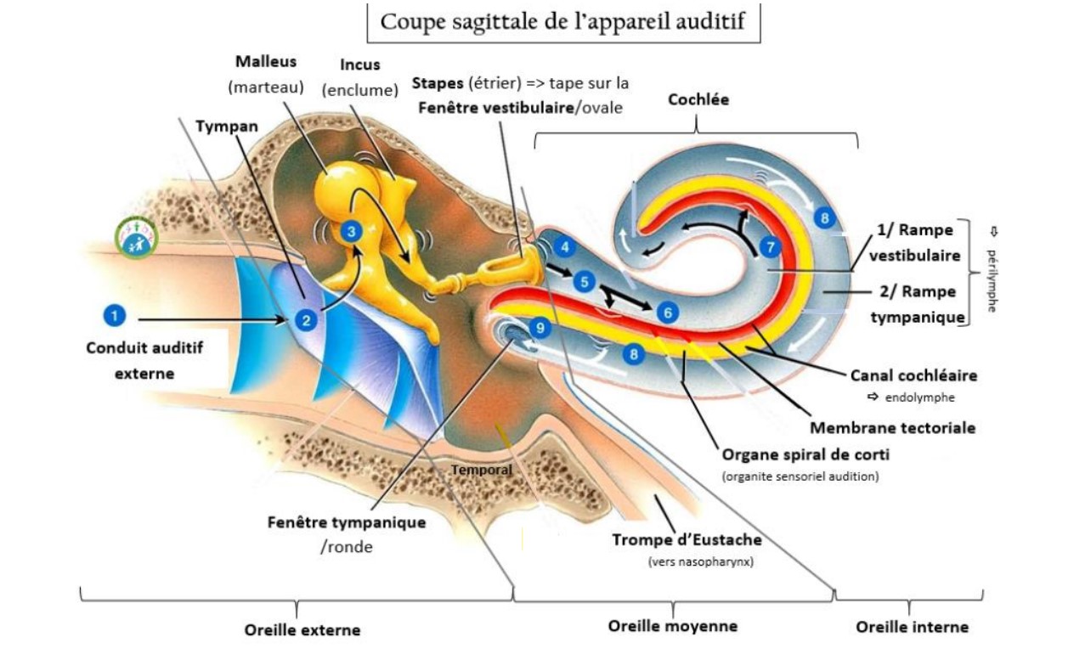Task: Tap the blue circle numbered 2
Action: point(304,319)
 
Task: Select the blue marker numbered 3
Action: point(350,230)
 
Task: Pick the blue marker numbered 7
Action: point(770,247)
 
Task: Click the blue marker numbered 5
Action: point(583,280)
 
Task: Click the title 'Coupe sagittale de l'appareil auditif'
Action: point(562,21)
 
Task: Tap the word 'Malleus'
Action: point(266,62)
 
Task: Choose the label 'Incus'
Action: point(359,65)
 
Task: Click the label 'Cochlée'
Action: point(698,99)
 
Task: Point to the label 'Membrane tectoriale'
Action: point(892,427)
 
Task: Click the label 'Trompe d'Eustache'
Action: point(687,540)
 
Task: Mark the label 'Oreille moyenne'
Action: point(672,626)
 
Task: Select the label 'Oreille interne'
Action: point(912,627)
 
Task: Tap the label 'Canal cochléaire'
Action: point(913,375)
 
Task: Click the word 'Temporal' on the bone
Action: point(481,469)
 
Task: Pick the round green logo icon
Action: point(137,237)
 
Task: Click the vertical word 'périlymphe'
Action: point(992,280)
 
